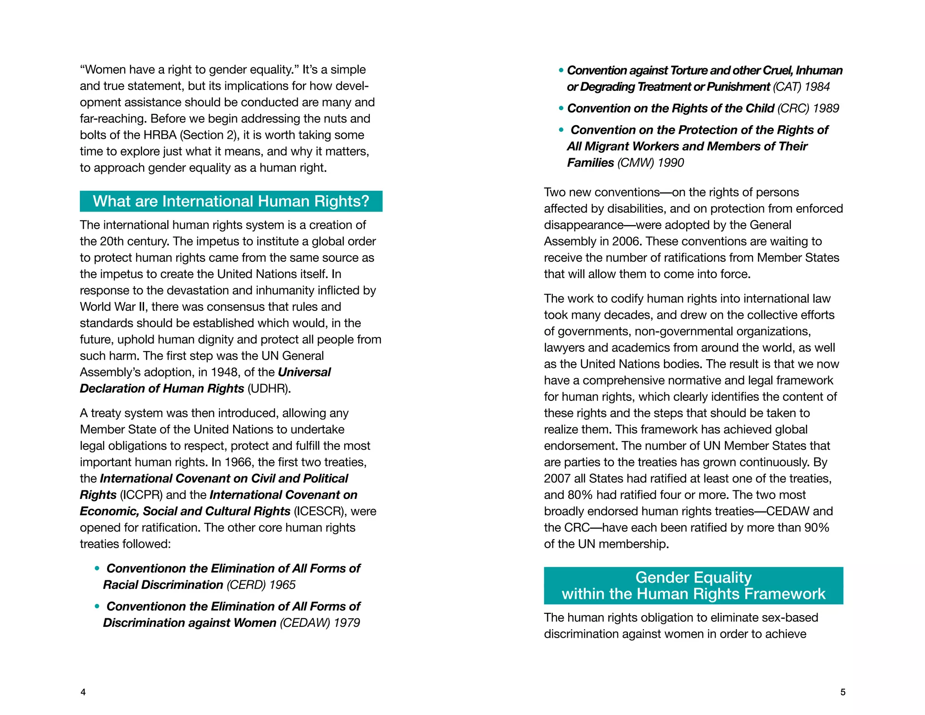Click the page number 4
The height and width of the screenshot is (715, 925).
tap(83, 692)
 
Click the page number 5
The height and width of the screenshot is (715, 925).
tap(842, 692)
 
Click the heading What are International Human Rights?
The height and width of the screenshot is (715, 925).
tap(231, 201)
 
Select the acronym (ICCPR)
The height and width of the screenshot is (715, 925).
tap(141, 495)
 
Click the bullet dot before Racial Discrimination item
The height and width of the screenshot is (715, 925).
tap(97, 569)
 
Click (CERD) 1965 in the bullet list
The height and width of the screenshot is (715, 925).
tap(261, 585)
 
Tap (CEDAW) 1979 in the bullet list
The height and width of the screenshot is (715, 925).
tap(320, 623)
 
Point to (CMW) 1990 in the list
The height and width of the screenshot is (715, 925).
tap(650, 163)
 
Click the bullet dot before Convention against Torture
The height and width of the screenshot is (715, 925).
tap(561, 71)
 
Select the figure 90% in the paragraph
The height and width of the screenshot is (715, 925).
tap(817, 527)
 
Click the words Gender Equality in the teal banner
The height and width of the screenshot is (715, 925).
tap(693, 577)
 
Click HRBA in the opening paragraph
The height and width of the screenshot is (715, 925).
tap(160, 135)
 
